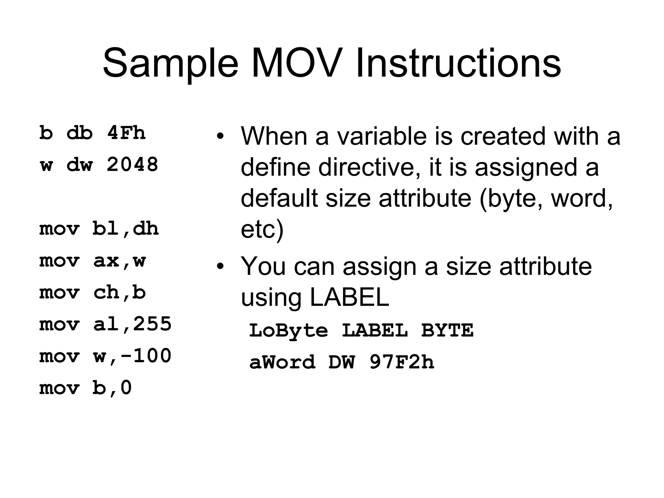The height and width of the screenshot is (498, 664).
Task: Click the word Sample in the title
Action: (171, 63)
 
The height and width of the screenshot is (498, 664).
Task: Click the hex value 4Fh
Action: (126, 133)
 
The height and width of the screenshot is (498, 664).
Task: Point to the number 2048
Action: (132, 164)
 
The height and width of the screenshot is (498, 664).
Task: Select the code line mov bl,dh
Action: (99, 229)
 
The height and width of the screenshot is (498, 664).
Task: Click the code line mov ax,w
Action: (93, 261)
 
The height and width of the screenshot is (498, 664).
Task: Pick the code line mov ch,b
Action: (93, 292)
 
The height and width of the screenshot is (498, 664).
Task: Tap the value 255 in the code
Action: (152, 324)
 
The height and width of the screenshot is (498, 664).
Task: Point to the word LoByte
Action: (288, 331)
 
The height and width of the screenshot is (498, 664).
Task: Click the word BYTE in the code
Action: (447, 330)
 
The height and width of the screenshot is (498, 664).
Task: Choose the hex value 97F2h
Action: (401, 362)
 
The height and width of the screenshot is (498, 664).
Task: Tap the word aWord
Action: (282, 362)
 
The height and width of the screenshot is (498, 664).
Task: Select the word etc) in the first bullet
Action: (262, 230)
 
